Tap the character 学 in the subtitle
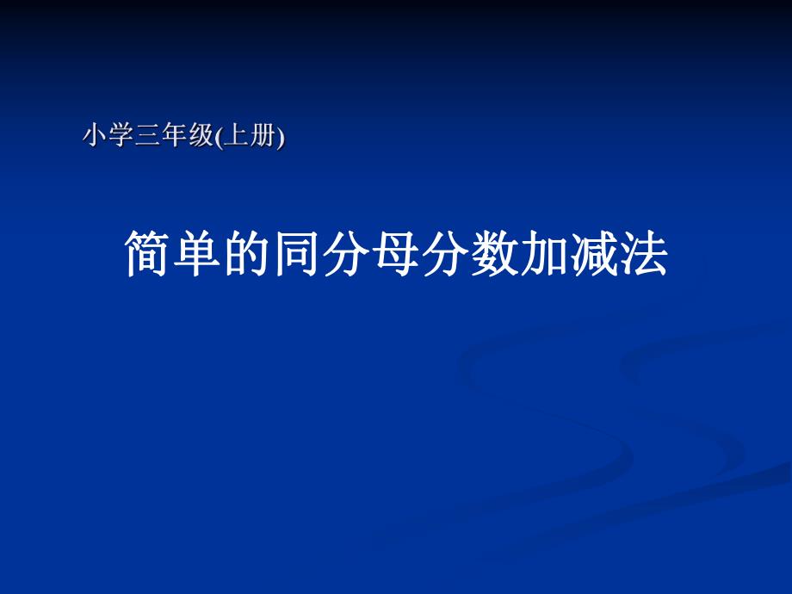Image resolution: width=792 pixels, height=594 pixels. pos(121,135)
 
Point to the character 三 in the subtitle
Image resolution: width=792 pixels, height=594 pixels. pos(147,135)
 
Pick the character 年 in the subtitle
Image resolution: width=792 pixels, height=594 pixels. pos(174,135)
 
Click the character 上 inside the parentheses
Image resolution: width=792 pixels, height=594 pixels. pos(232,135)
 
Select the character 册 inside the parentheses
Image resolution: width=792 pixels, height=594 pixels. pos(262,135)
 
